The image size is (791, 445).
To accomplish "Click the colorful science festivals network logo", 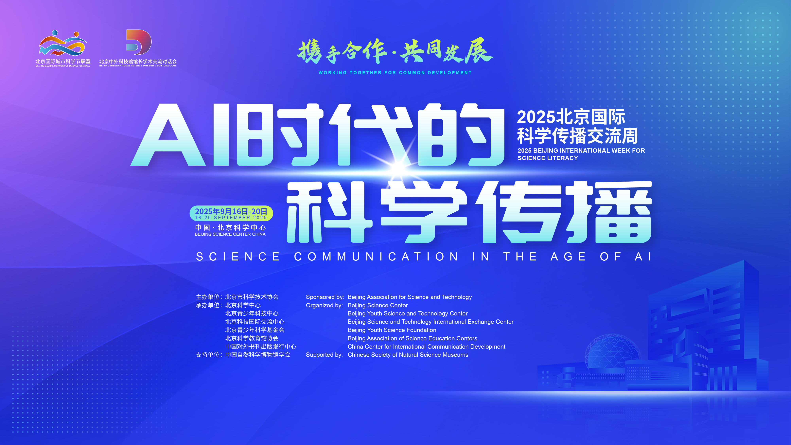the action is click(63, 43).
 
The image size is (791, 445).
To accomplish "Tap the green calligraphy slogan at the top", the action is click(395, 51).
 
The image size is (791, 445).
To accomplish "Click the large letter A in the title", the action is click(168, 135).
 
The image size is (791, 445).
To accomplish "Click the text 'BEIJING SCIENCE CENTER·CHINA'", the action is click(230, 234).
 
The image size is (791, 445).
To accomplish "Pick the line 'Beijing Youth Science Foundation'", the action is click(392, 330).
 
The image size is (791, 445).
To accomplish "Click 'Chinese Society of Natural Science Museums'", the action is click(408, 355).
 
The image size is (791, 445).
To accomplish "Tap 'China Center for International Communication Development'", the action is click(426, 347).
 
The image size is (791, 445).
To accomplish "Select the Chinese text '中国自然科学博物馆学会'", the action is click(258, 355).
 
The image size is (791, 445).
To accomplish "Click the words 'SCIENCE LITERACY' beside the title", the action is click(548, 158).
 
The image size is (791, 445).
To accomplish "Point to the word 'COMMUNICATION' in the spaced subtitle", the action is click(376, 257).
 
